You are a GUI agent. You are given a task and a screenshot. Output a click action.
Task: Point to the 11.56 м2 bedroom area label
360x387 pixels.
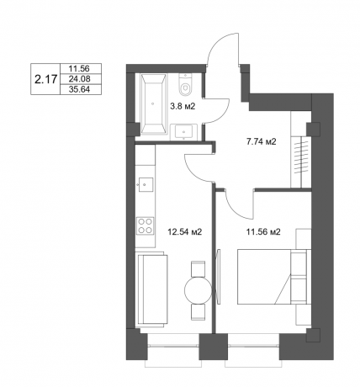(262, 231)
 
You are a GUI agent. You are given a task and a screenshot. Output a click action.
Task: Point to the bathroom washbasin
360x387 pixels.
(187, 130)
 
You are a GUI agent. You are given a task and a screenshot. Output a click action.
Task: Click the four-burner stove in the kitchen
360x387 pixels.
(145, 225)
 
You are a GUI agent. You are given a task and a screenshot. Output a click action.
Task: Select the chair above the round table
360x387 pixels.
(199, 268)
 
